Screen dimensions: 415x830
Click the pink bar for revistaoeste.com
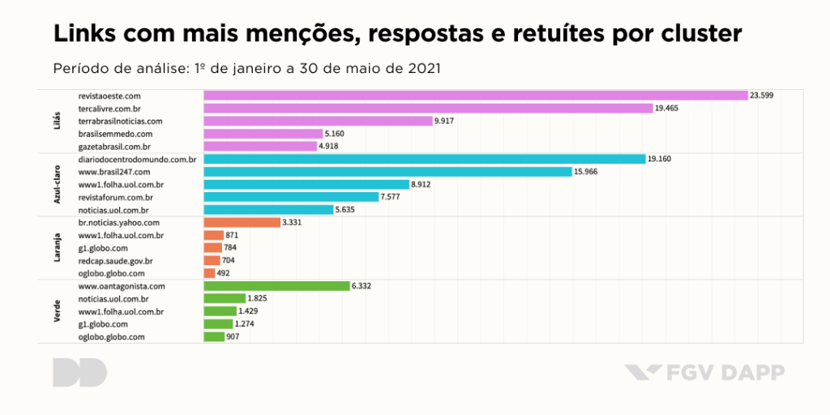coord(475,95)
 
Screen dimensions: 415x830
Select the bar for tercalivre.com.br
coord(428,108)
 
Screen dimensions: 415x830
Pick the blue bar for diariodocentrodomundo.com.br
coord(424,159)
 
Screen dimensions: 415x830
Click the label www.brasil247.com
coord(113,172)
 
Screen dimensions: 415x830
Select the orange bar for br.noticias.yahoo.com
coord(242,222)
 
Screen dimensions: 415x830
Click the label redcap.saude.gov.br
coord(115,260)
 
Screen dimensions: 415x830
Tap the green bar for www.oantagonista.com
coord(276,285)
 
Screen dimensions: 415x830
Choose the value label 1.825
coord(258,298)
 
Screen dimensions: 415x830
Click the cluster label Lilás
coord(57,121)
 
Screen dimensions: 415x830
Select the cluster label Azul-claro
coord(57,184)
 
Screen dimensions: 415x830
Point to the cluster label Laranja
coord(57,247)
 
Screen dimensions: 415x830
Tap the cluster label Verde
coord(57,311)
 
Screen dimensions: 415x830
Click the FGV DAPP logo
coord(704,373)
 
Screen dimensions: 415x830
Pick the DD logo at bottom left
coord(79,372)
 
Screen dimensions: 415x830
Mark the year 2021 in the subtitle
coord(422,67)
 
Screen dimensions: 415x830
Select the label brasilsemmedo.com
coord(115,133)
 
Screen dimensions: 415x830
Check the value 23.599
coord(762,96)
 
